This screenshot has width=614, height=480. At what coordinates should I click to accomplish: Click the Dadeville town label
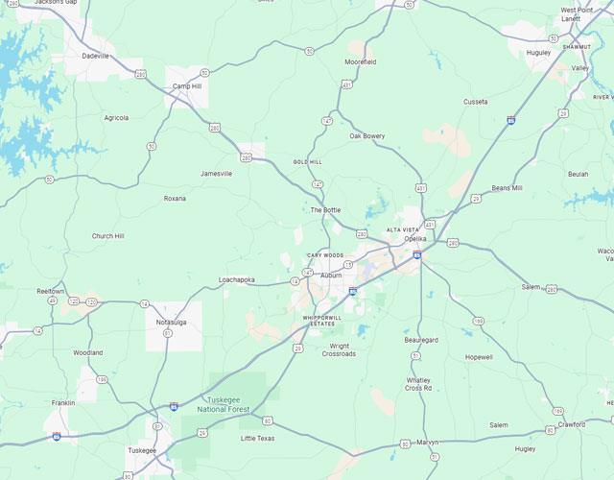[x=96, y=56]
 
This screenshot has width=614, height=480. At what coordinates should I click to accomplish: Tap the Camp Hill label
[x=187, y=86]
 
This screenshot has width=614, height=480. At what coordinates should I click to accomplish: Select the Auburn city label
[x=331, y=276]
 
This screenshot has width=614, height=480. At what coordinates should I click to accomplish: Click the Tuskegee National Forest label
[x=224, y=405]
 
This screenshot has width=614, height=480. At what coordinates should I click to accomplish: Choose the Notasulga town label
[x=170, y=323]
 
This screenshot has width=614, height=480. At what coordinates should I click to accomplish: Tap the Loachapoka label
[x=237, y=279]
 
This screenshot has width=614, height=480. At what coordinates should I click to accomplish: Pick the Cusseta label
[x=476, y=101]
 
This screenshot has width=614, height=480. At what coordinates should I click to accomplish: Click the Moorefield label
[x=361, y=62]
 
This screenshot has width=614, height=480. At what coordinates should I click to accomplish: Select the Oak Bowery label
[x=367, y=136]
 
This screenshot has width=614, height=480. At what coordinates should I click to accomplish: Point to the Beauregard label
[x=421, y=340]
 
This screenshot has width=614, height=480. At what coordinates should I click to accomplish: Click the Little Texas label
[x=257, y=439]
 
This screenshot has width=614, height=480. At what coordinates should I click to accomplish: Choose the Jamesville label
[x=216, y=174]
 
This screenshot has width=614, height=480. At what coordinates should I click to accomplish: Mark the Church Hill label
[x=107, y=236]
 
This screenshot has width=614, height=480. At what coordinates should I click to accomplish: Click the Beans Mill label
[x=507, y=188]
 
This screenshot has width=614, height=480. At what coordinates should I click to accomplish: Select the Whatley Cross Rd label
[x=419, y=384]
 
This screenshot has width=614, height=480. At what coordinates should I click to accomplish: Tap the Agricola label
[x=116, y=118]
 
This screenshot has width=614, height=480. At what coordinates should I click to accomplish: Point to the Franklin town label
[x=63, y=403]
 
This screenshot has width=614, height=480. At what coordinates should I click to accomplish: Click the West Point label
[x=577, y=11]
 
